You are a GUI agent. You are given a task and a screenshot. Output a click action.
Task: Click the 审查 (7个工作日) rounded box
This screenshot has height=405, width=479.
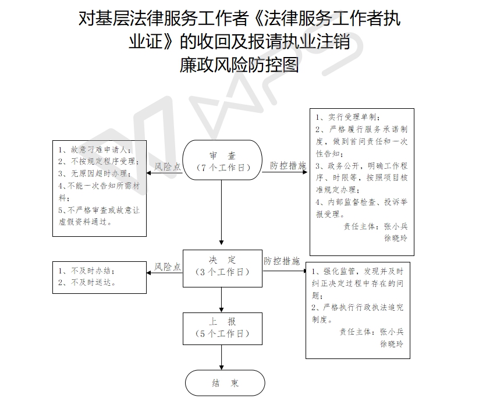coord(222,161)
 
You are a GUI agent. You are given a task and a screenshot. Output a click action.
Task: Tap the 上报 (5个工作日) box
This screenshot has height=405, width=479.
coord(222,328)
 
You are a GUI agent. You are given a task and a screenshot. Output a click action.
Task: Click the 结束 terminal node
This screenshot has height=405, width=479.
coord(225,383)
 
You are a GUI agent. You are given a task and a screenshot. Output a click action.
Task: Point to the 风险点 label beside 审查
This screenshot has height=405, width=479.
coord(168,166)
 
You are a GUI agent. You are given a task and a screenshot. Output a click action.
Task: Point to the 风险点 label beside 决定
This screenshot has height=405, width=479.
coord(168,267)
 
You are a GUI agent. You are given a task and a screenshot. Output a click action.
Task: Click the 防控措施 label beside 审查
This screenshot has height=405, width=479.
coord(288,166)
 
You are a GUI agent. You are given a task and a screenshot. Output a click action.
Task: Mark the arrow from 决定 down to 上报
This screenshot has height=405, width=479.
coord(222,300)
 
